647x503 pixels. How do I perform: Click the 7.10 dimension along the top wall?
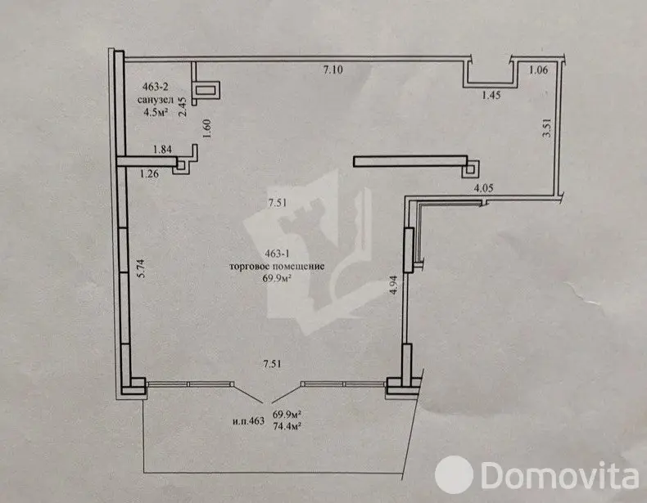click(333, 70)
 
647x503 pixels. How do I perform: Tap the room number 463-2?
click(155, 87)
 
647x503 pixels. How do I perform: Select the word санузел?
click(156, 100)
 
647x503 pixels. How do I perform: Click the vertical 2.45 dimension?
click(182, 106)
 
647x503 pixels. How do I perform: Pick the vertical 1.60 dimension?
click(207, 129)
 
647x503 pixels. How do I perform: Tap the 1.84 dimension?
click(162, 149)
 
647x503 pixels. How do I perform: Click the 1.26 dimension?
click(149, 174)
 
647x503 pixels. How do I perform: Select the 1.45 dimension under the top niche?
click(491, 95)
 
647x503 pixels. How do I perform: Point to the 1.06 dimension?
click(538, 70)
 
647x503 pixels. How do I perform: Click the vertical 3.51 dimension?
click(547, 128)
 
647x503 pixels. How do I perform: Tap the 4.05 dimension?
click(483, 188)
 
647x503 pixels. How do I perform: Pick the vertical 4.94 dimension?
click(394, 285)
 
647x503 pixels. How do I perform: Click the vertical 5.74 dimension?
click(141, 268)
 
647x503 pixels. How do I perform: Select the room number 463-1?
click(282, 254)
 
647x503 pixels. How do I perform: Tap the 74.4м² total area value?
click(287, 426)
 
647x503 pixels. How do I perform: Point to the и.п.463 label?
click(248, 421)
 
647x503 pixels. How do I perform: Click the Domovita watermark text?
click(560, 475)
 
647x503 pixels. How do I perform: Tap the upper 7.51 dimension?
click(278, 203)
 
